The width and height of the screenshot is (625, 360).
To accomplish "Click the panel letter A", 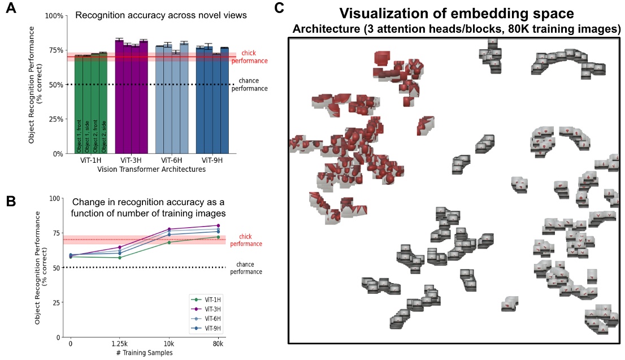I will [10, 9].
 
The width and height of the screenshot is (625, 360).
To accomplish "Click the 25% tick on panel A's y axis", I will [57, 119].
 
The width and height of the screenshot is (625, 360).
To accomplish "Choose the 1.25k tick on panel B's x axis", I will [119, 344].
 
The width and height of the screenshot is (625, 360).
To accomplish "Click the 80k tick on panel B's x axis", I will [218, 344].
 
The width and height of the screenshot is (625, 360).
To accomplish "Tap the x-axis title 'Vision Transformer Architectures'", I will [151, 170].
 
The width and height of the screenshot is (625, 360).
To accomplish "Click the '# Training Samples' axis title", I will [145, 352].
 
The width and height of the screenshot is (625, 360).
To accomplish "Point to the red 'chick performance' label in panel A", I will [252, 57].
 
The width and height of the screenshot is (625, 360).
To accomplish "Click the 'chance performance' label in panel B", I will [249, 268].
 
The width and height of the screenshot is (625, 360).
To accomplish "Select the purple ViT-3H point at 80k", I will [218, 225].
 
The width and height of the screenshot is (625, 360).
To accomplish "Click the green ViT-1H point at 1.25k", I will [119, 258].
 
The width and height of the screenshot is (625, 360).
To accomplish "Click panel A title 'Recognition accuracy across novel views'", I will [161, 16].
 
